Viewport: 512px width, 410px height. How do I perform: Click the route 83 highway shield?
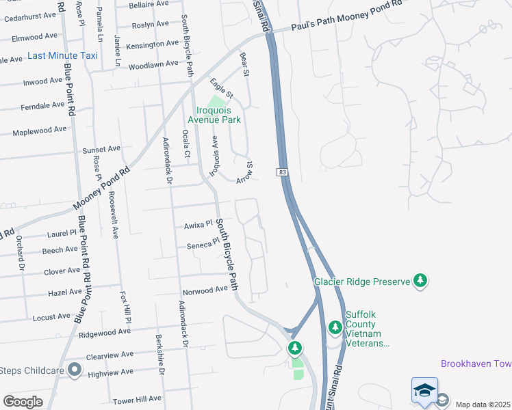(282, 172)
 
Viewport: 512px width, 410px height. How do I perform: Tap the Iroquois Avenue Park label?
(212, 114)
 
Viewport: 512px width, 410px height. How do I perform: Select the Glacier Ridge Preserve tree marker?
(420, 281)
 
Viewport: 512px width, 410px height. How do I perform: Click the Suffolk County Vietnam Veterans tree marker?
(335, 328)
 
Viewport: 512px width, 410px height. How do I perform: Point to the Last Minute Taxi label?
(62, 55)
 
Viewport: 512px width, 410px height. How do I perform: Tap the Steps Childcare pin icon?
(75, 371)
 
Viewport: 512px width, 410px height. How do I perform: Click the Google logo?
(23, 402)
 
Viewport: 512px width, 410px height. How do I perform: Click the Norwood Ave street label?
(205, 289)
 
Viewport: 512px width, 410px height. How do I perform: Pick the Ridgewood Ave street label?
(104, 332)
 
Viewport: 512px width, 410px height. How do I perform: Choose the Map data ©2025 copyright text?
(483, 405)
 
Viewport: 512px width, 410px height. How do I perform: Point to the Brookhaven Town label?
(476, 364)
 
